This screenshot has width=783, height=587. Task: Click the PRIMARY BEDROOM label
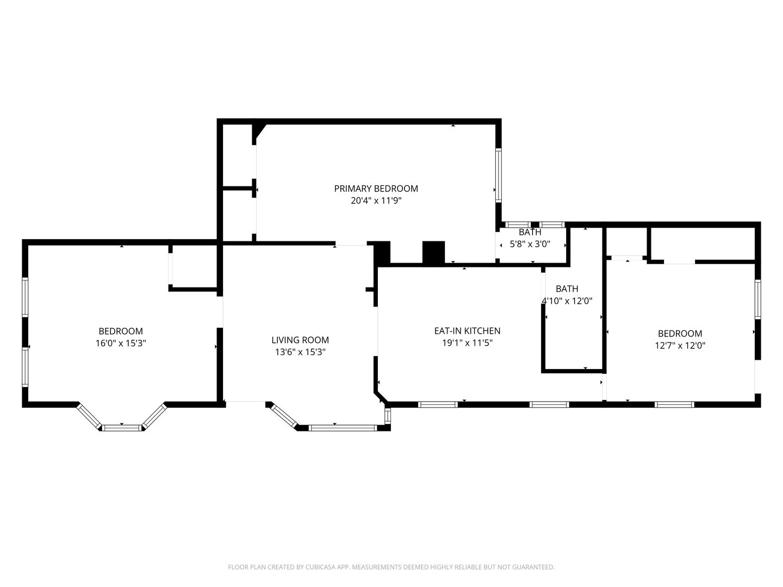pos(376,189)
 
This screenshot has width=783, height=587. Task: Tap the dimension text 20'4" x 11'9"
pos(376,201)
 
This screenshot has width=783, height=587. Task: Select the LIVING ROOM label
pos(300,340)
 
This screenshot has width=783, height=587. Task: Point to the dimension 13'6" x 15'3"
pos(300,352)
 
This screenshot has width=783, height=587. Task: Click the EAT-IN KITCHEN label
pos(467,330)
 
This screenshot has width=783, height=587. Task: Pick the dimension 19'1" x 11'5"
pos(467,342)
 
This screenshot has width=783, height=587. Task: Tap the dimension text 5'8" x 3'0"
pos(530,245)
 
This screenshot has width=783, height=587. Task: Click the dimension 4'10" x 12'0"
pos(567,301)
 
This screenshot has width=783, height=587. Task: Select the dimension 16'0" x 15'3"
pos(121,343)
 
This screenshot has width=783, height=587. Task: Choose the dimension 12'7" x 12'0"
pos(680,345)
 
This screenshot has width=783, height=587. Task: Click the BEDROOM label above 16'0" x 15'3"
pos(121,331)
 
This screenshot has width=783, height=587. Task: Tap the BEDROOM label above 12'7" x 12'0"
pos(680,333)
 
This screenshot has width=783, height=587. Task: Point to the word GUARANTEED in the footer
pos(531,567)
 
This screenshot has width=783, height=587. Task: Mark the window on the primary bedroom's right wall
pos(498,175)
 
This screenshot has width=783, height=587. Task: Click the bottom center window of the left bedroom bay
pos(122,428)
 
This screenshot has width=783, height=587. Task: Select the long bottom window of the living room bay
pos(343,428)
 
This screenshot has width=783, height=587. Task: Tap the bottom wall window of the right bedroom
pos(674,404)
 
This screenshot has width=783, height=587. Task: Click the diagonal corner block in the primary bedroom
pos(258,130)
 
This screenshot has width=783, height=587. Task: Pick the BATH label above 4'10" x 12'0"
pos(567,289)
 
